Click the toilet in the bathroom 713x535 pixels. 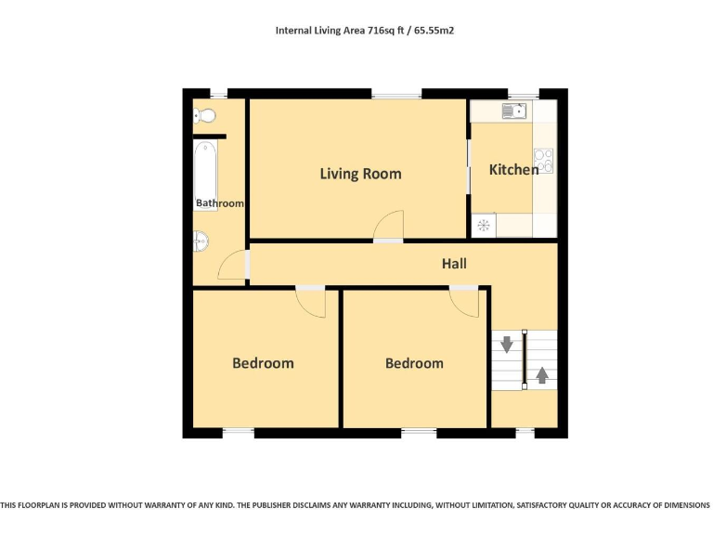click(x=204, y=116)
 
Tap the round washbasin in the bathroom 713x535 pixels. click(x=201, y=242)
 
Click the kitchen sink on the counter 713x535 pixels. click(x=514, y=111)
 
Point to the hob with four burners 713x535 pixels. click(x=544, y=162)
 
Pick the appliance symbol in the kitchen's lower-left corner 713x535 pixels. click(x=483, y=225)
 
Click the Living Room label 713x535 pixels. click(x=360, y=174)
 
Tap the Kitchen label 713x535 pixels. click(x=513, y=170)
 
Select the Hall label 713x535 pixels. click(x=454, y=264)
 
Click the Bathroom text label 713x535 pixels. click(x=220, y=203)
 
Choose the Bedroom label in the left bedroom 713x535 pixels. click(x=263, y=363)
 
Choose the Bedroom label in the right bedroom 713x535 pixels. click(x=414, y=363)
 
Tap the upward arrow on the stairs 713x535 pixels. click(x=541, y=376)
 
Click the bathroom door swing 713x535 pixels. click(x=231, y=267)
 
